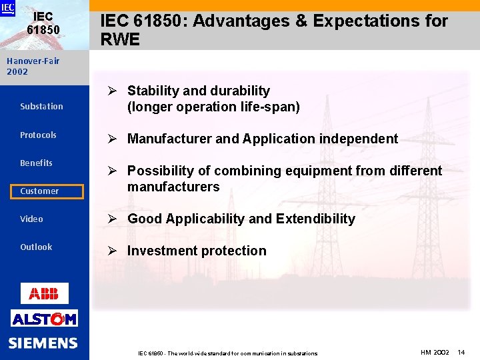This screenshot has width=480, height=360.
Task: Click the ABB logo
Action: tap(44, 293)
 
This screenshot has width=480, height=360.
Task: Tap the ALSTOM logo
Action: tap(44, 319)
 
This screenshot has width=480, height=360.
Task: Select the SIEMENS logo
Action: tap(43, 343)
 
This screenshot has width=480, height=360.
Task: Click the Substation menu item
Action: tap(41, 107)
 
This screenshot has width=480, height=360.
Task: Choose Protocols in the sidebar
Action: tap(38, 135)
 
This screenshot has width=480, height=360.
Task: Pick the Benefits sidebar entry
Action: tap(36, 163)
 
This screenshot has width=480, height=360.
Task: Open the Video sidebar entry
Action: tap(31, 219)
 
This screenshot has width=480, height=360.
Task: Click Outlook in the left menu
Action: tap(36, 247)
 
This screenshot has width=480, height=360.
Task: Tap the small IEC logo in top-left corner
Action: tap(7, 8)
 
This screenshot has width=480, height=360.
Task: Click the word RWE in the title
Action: tap(120, 39)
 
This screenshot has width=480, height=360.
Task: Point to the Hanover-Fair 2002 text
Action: tap(33, 66)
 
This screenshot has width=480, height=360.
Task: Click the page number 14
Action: tap(461, 352)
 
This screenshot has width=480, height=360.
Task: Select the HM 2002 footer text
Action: tap(435, 352)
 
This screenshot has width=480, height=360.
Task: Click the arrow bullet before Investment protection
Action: tap(112, 251)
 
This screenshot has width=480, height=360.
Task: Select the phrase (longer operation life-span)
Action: tap(213, 107)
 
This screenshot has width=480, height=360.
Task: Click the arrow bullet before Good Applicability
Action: tap(112, 219)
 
